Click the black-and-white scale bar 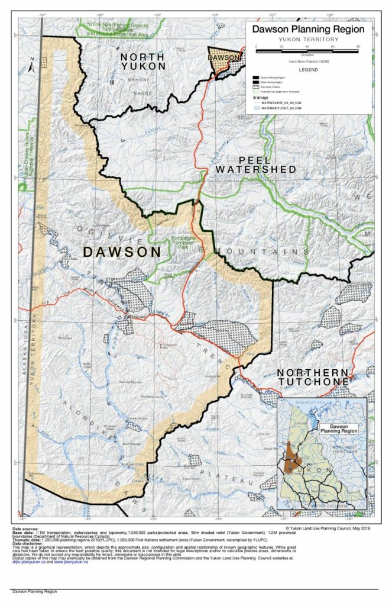(x=307, y=52)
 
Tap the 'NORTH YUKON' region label (x=143, y=62)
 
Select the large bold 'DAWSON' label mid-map (x=122, y=252)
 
